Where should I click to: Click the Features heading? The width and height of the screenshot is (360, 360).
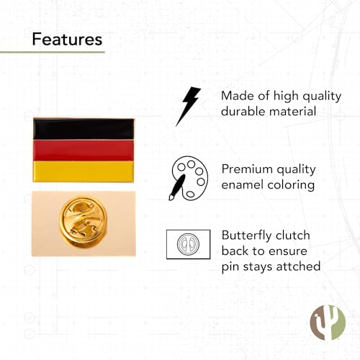click(x=67, y=38)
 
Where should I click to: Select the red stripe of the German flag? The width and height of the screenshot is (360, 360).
click(x=84, y=150)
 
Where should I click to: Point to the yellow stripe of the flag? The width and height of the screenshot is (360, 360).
click(x=84, y=171)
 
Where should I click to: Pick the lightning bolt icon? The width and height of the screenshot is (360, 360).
click(x=188, y=105)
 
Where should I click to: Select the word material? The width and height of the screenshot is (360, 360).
click(x=296, y=112)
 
